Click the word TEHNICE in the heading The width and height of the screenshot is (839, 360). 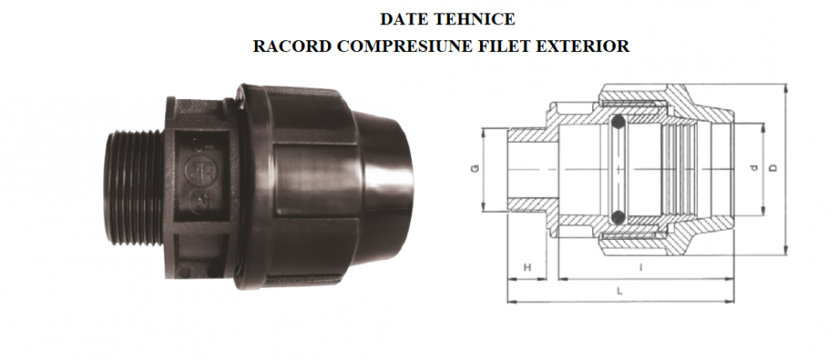click(x=467, y=17)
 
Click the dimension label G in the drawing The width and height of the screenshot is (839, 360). click(x=475, y=170)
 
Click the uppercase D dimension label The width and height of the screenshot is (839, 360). click(x=774, y=169)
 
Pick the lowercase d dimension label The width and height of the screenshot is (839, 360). click(x=754, y=169)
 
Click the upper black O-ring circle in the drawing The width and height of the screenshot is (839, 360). click(x=619, y=122)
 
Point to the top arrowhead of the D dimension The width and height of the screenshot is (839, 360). click(x=786, y=88)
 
